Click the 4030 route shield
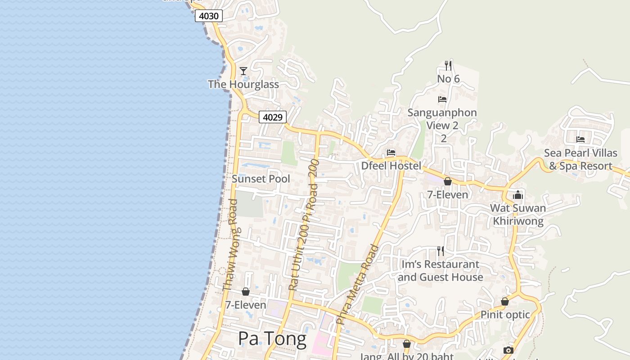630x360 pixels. [209, 16]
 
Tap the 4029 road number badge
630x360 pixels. [273, 117]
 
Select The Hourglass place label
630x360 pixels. [243, 84]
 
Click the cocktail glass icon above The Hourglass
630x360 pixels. [243, 71]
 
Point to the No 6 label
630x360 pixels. [448, 79]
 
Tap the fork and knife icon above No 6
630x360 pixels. [448, 66]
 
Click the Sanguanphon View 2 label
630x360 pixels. [442, 119]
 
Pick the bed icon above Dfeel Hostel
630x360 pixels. [391, 153]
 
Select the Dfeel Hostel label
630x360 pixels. [391, 166]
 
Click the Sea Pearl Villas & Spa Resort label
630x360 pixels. [580, 159]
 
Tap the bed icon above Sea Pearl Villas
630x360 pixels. [580, 139]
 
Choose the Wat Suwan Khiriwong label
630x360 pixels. [518, 215]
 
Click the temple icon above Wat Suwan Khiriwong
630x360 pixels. [518, 195]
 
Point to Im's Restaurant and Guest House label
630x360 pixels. [440, 270]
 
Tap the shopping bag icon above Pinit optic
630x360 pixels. [505, 301]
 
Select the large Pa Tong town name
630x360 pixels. [272, 338]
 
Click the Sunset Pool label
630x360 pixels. [261, 179]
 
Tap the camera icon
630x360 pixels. [508, 350]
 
